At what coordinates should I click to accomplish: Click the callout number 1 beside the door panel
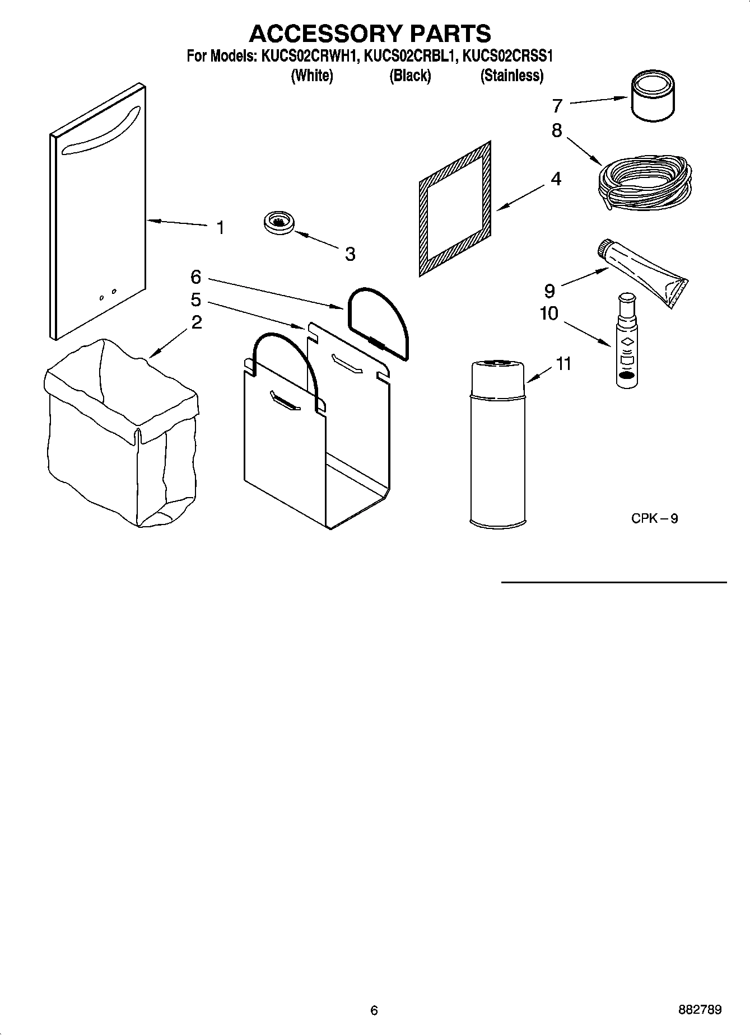(221, 228)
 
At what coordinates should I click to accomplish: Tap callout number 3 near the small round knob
(350, 254)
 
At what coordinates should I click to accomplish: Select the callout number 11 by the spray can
(563, 364)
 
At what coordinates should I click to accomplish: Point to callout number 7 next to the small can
(557, 105)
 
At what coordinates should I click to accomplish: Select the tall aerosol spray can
(497, 444)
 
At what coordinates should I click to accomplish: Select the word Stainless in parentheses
(512, 76)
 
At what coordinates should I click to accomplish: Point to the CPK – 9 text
(655, 518)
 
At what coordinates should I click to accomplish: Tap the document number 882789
(700, 1010)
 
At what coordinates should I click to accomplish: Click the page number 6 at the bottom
(374, 1010)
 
